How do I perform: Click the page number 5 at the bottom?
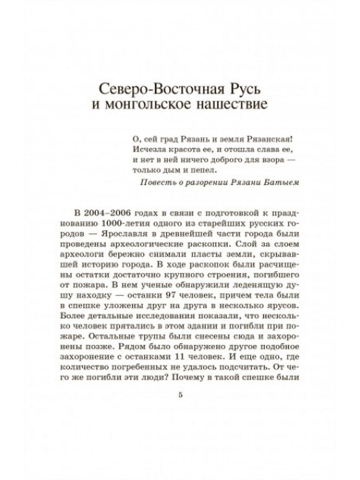(180, 395)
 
